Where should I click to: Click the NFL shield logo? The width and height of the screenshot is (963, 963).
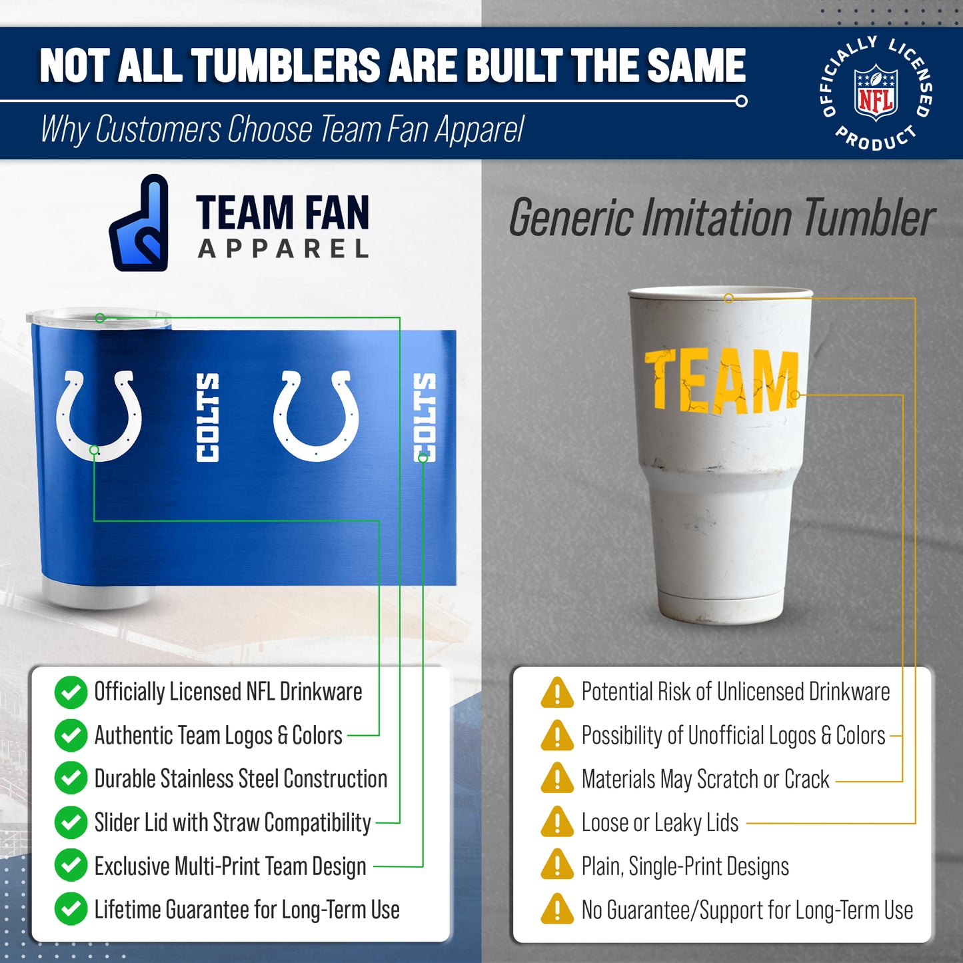point(876,93)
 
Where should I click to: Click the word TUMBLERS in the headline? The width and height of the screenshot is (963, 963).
point(287,66)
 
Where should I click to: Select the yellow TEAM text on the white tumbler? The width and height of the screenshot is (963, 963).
point(721,381)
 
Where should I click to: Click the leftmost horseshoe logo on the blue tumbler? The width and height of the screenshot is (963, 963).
point(99,415)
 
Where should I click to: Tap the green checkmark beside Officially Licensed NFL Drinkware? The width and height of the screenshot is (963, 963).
point(71,692)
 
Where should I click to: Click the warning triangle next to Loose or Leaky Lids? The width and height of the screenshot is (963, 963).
point(557,823)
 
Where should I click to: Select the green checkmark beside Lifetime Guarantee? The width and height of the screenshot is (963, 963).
point(71,910)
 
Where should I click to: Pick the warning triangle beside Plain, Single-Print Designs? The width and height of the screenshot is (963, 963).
point(557,866)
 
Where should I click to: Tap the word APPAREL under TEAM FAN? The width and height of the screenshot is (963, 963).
point(283,249)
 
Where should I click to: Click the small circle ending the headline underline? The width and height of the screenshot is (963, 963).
point(741,101)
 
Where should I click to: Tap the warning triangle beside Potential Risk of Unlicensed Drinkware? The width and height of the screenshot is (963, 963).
point(557,692)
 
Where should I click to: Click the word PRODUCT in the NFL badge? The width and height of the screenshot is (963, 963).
point(875,139)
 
